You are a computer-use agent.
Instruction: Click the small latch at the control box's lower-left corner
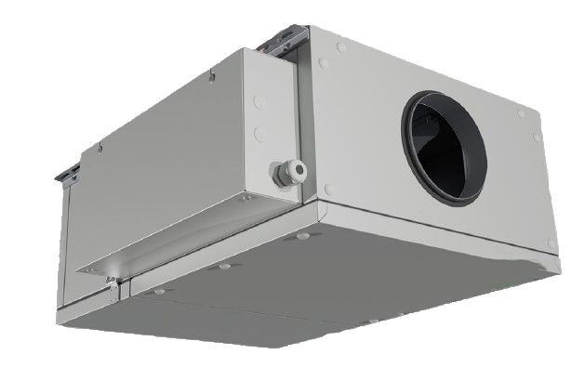pyautogui.click(x=113, y=290)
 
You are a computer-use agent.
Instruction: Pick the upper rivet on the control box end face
pyautogui.click(x=259, y=102)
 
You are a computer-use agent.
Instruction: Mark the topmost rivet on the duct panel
pyautogui.click(x=342, y=46)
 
